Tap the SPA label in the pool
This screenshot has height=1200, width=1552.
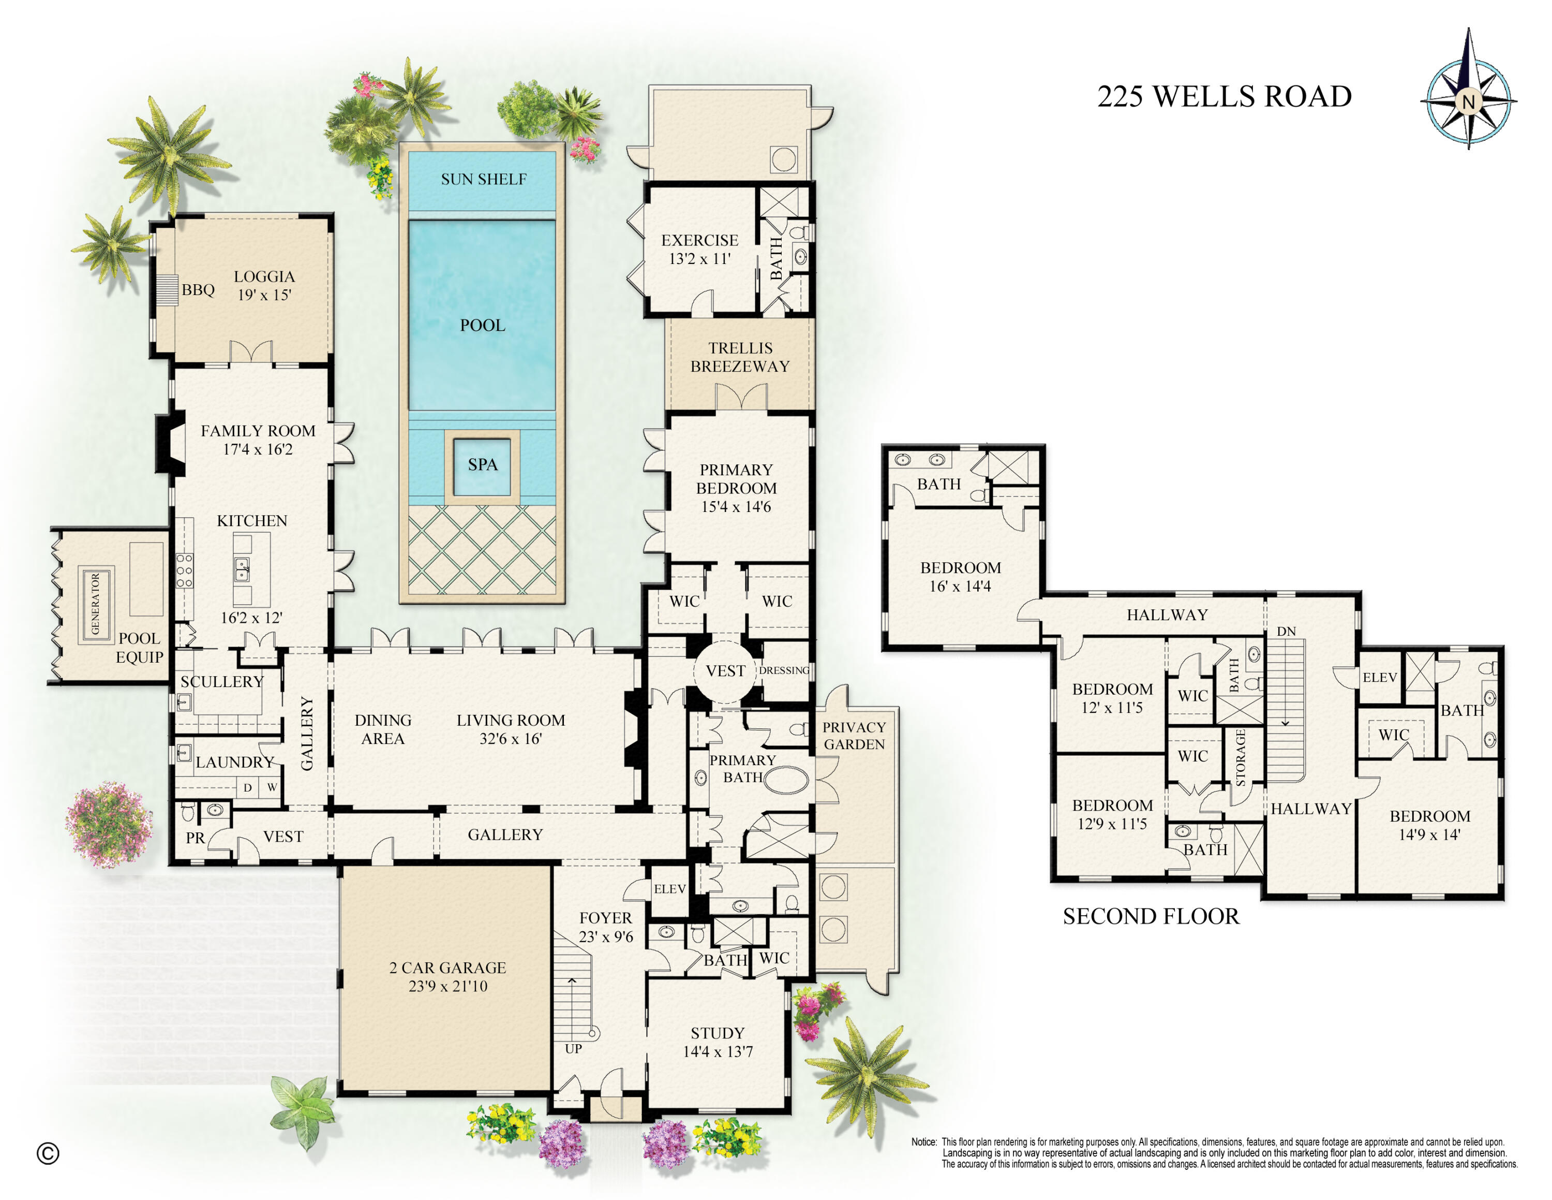[483, 465]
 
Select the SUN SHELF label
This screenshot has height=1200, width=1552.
[483, 179]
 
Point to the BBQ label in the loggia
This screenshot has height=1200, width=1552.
[198, 290]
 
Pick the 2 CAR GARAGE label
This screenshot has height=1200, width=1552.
[447, 968]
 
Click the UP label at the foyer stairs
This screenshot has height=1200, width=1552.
[574, 1049]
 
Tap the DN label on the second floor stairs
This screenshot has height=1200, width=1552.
[1286, 631]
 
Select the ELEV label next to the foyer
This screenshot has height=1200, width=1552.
[669, 889]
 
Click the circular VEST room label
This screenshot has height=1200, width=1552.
[725, 671]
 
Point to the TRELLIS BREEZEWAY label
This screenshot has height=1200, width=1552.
[740, 357]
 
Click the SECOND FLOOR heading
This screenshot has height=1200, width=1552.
[1151, 916]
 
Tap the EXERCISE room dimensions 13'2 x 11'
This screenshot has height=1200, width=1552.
[699, 259]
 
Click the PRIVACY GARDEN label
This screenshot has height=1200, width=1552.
[854, 736]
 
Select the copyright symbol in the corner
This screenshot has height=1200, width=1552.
[48, 1154]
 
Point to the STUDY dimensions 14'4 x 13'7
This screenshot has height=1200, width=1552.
[717, 1051]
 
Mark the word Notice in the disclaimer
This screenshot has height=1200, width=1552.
[924, 1142]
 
